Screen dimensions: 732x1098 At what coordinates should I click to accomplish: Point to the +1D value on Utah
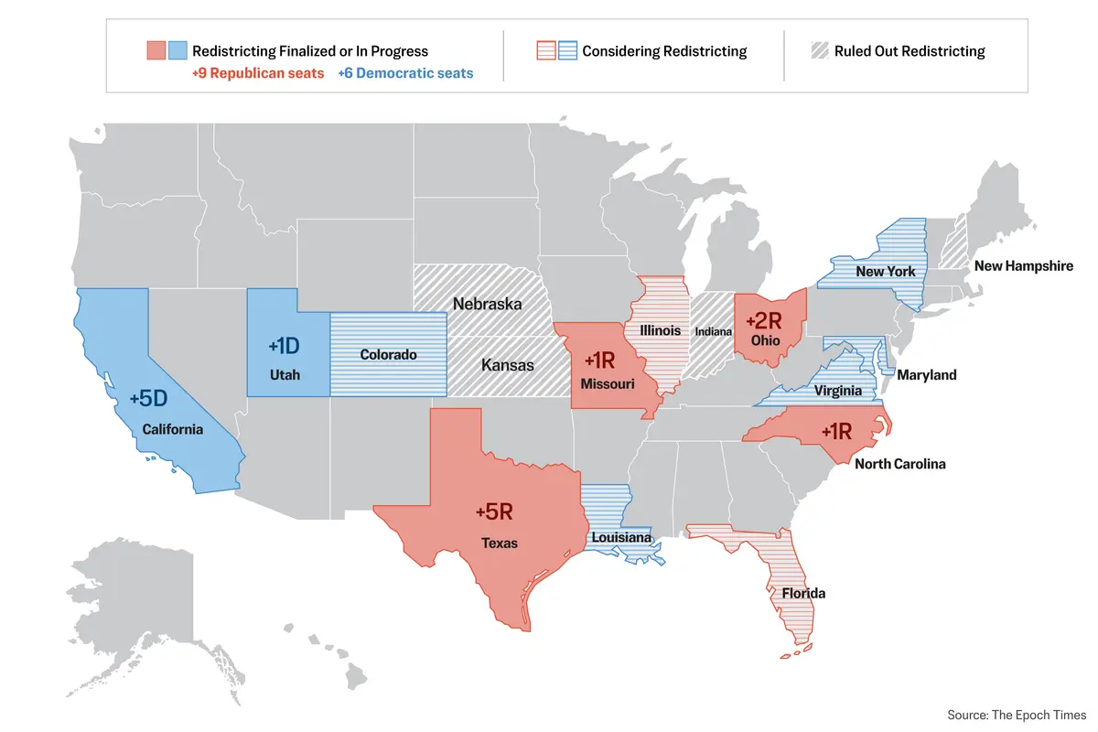(x=284, y=346)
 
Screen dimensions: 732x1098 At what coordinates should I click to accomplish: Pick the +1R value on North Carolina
(x=837, y=431)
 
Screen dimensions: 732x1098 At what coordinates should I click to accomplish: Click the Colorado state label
(x=388, y=354)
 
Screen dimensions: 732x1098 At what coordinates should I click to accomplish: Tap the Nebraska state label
(x=486, y=304)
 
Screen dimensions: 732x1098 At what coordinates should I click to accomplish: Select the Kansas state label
(x=507, y=365)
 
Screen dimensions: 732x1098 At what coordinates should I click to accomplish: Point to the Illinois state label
(x=660, y=330)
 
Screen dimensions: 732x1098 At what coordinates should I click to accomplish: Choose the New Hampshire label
(x=1023, y=266)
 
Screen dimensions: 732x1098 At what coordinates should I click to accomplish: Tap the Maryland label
(x=926, y=374)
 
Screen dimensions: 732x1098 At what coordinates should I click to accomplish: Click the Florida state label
(x=803, y=593)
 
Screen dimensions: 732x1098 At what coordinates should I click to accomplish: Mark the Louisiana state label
(x=620, y=537)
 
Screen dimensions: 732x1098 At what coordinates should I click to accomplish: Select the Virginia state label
(x=838, y=391)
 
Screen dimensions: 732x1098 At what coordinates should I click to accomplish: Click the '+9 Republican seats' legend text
(x=258, y=73)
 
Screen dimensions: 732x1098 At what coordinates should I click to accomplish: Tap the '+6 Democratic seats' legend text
(x=405, y=73)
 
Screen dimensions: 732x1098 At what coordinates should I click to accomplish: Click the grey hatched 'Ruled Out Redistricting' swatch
(x=818, y=51)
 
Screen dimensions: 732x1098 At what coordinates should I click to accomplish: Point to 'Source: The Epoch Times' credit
(x=1017, y=715)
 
